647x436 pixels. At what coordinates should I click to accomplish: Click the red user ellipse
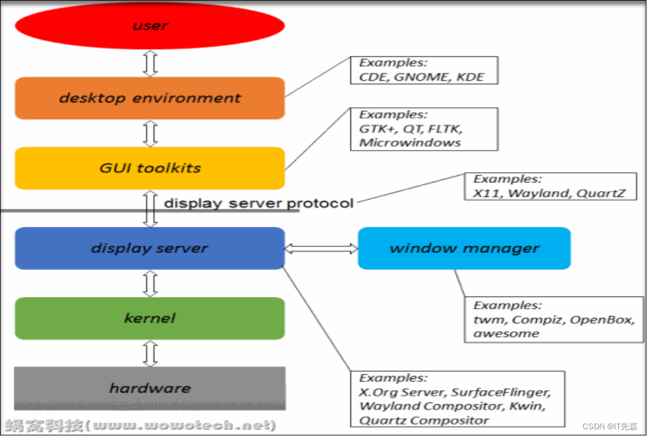(149, 26)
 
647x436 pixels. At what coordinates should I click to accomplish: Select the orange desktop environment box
(149, 98)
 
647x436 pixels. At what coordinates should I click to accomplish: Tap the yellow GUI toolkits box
(149, 168)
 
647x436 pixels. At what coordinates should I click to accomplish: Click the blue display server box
(149, 248)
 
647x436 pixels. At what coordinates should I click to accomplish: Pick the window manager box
(464, 248)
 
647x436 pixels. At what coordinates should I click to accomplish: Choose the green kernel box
(149, 318)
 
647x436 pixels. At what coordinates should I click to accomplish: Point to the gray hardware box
(149, 388)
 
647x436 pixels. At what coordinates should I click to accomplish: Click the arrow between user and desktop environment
(150, 63)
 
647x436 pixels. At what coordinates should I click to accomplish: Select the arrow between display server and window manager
(321, 248)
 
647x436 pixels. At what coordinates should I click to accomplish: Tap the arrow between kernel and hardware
(150, 353)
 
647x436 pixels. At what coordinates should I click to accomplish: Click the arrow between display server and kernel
(150, 283)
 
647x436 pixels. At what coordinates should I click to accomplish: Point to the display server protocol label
(259, 203)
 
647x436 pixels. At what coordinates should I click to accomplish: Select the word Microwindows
(409, 143)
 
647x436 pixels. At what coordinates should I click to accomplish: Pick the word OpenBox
(599, 320)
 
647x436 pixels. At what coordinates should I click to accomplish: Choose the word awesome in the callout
(506, 334)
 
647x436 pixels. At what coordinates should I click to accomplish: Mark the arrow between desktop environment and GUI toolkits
(150, 133)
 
